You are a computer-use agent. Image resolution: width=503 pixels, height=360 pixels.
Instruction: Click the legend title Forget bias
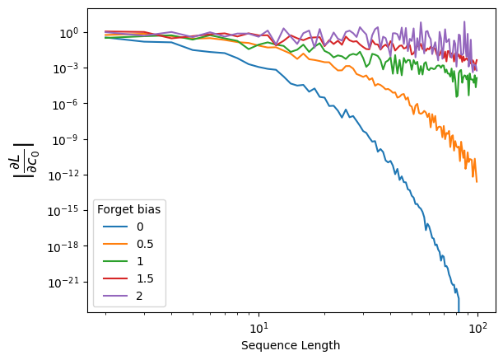point(128,209)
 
